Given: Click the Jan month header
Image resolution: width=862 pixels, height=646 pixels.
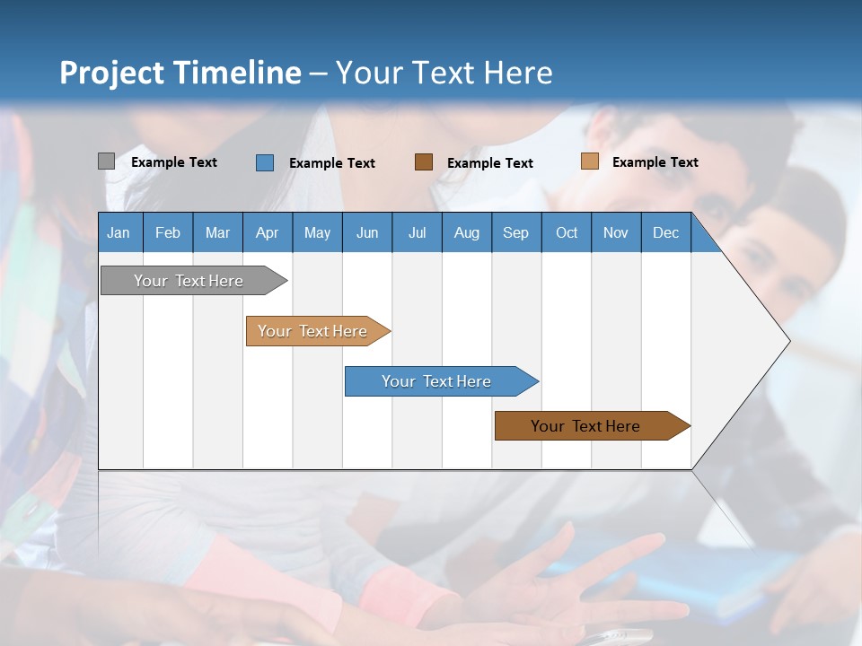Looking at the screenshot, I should tap(119, 232).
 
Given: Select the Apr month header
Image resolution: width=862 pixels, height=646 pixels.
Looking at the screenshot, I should tap(267, 232).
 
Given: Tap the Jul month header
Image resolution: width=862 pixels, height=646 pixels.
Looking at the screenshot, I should tap(417, 232).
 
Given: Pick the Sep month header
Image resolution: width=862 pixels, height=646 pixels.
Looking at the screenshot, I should tap(515, 232).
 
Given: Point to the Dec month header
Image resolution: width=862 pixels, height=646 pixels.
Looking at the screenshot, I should tap(665, 232).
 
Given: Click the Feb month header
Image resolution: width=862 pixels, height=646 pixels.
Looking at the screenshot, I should tap(168, 232).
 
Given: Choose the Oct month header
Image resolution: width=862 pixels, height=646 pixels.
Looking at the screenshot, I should tap(567, 232).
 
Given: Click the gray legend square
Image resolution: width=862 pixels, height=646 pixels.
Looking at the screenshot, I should tap(106, 161).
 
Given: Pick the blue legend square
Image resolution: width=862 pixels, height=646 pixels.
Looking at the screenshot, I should tap(264, 162).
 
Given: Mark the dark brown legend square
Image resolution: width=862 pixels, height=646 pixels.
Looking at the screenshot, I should tap(424, 162).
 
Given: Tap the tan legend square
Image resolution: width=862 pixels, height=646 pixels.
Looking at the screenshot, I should tap(589, 161).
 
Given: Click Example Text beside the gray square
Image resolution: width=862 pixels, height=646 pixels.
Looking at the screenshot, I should tap(174, 162).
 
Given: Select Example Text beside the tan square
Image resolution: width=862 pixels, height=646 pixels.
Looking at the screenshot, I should tap(655, 162).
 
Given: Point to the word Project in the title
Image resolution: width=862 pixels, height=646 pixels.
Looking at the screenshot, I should tap(112, 73).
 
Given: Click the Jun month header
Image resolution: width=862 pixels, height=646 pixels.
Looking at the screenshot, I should tap(366, 232).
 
